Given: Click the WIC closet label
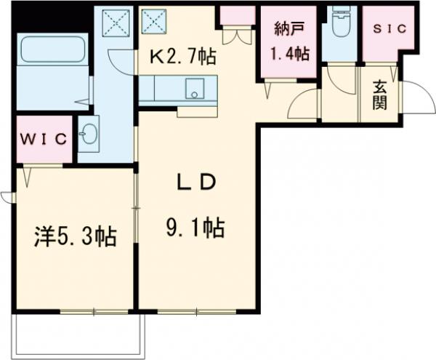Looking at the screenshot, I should coord(44,139).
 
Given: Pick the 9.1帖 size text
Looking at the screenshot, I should coord(194,229).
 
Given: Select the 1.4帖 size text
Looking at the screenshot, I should coord(291,53).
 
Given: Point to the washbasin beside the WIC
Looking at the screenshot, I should coord(89,135).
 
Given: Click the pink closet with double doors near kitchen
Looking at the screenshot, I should coord(238,16).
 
